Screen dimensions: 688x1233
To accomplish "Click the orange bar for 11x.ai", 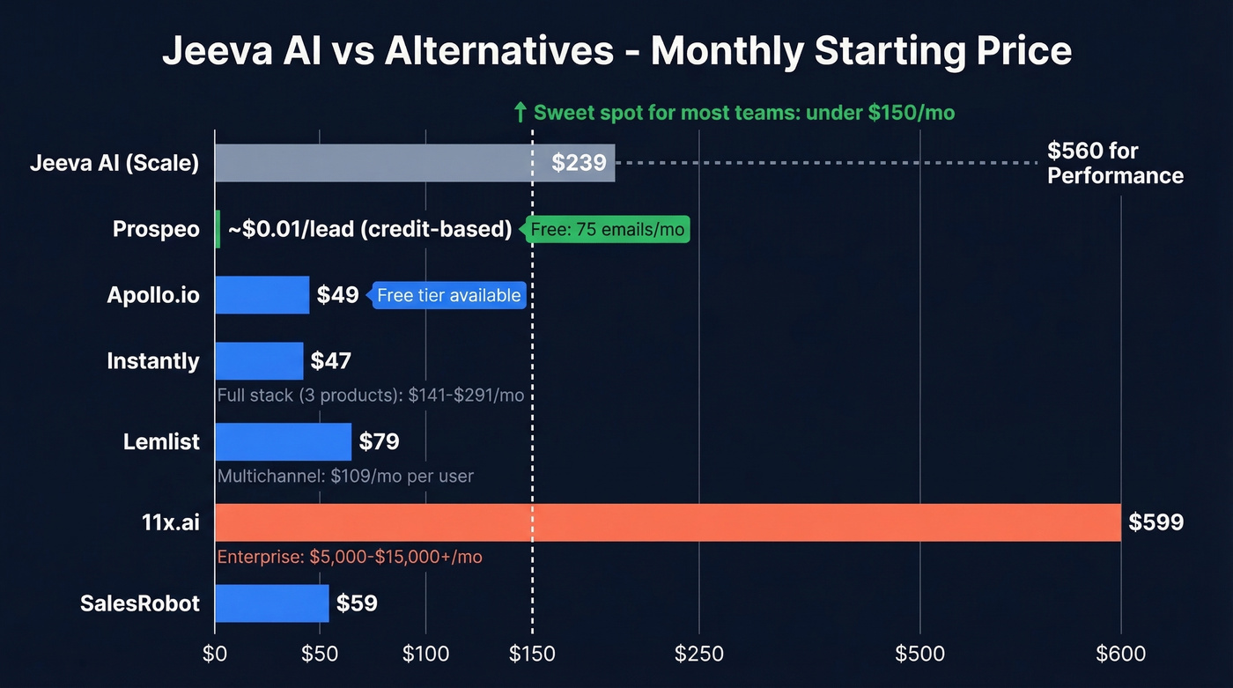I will coord(668,522).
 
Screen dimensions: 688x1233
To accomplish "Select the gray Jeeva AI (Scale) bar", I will coord(414,163).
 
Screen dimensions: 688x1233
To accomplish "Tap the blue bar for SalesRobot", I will coord(271,603).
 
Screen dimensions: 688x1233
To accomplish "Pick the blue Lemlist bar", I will coord(283,441).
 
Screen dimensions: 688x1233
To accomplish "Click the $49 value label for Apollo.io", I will coord(337,295).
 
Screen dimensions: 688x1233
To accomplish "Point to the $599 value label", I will coord(1155,522).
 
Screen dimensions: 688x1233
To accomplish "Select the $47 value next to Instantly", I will coord(330,361).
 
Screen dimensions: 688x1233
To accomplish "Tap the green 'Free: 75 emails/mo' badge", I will coord(607,230).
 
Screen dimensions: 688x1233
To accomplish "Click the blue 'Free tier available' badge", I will coord(448,295).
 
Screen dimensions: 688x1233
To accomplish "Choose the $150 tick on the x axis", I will coord(532,654).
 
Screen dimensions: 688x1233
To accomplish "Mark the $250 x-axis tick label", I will coord(698,654).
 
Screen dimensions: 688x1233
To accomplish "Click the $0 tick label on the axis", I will coord(215,654).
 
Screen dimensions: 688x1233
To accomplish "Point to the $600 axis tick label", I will coord(1120,654).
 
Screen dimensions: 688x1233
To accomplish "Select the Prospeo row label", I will coord(156,230).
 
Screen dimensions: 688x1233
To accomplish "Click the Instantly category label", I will coord(153,361).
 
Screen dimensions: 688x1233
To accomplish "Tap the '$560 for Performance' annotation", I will coord(1114,163).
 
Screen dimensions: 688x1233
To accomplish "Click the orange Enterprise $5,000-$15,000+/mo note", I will coord(349,557).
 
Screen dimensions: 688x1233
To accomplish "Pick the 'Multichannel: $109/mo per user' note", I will coord(345,477).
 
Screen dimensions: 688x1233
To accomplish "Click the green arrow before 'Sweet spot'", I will coord(520,113).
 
